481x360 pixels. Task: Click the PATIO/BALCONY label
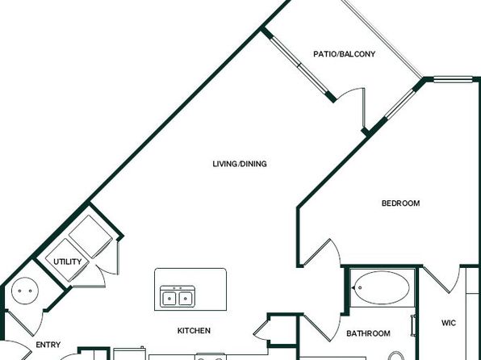344,54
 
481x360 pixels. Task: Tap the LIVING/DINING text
240,164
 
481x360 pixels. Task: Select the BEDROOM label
400,203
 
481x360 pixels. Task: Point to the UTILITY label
68,262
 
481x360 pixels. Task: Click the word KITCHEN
194,330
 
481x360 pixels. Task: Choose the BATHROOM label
368,333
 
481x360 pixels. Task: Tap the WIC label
449,323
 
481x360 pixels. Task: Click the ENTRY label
48,345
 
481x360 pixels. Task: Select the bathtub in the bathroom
381,287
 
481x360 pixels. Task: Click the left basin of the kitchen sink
169,299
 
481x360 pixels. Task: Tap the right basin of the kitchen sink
186,299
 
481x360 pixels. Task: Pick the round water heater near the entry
25,291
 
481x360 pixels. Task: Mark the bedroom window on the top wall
453,79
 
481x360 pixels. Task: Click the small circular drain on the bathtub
360,288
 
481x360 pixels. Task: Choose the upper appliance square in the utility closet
90,237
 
